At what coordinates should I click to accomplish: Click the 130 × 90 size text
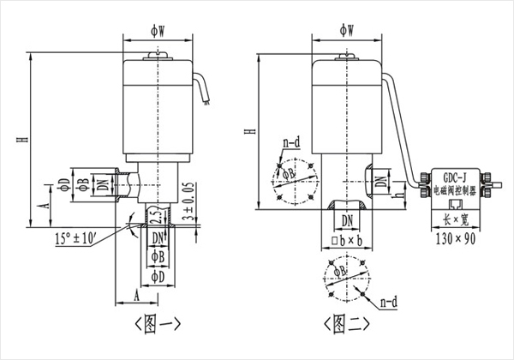pos(455,237)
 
